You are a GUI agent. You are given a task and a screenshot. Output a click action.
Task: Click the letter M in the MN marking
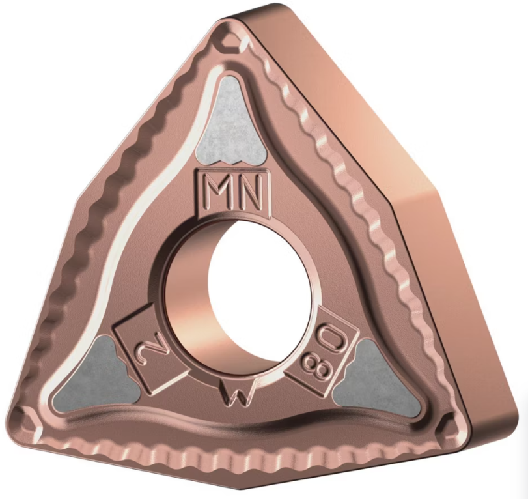[217, 191]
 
